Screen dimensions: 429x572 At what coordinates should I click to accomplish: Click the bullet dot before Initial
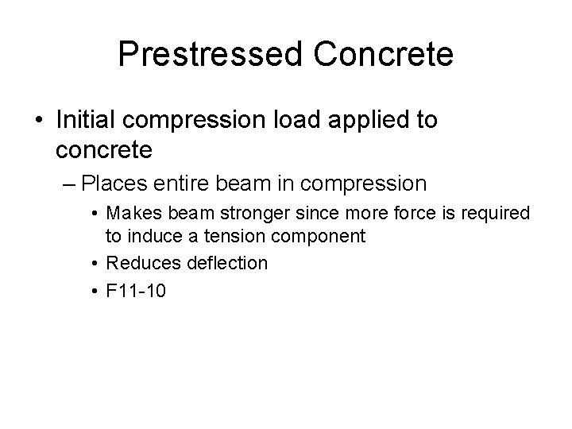tap(40, 121)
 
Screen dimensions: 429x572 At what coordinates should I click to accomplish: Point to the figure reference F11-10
tap(136, 291)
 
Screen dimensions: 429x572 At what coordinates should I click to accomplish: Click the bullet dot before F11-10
tap(95, 292)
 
